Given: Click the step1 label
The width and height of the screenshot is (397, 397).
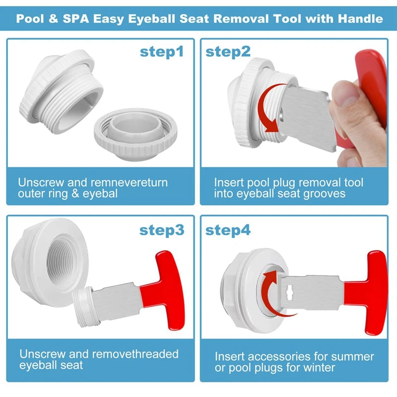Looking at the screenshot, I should (162, 52).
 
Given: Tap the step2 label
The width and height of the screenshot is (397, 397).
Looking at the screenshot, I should (228, 52).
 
